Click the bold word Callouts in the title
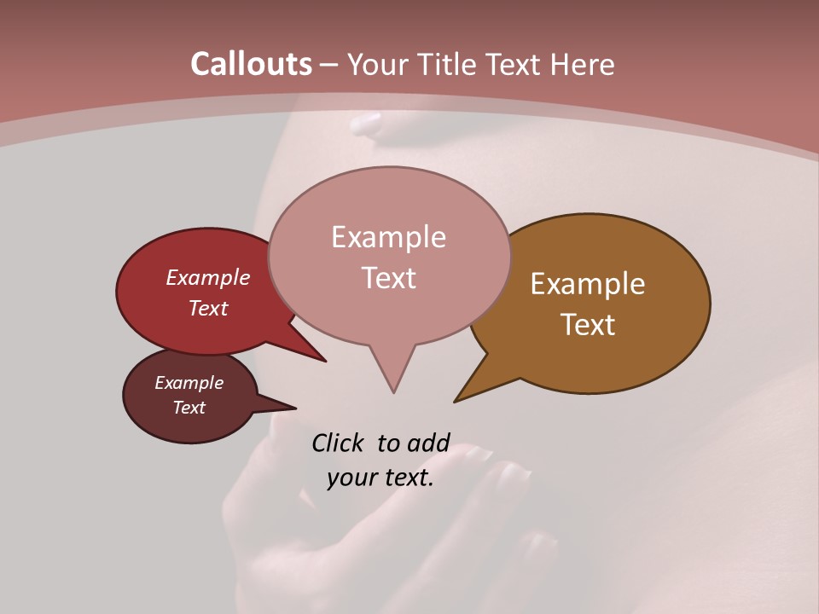tap(251, 64)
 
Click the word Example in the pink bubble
tap(388, 237)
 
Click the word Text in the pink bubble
tap(388, 278)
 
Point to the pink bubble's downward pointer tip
tap(393, 392)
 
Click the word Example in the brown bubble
tap(588, 284)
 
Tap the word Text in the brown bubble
tap(588, 325)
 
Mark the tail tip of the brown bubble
tap(455, 401)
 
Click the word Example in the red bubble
tap(208, 277)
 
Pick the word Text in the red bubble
tap(208, 308)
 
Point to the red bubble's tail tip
tap(325, 361)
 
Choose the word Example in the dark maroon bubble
tap(189, 383)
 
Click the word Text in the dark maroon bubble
tap(189, 408)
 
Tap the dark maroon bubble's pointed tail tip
tap(295, 408)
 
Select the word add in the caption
tap(428, 443)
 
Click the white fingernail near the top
tap(366, 124)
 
